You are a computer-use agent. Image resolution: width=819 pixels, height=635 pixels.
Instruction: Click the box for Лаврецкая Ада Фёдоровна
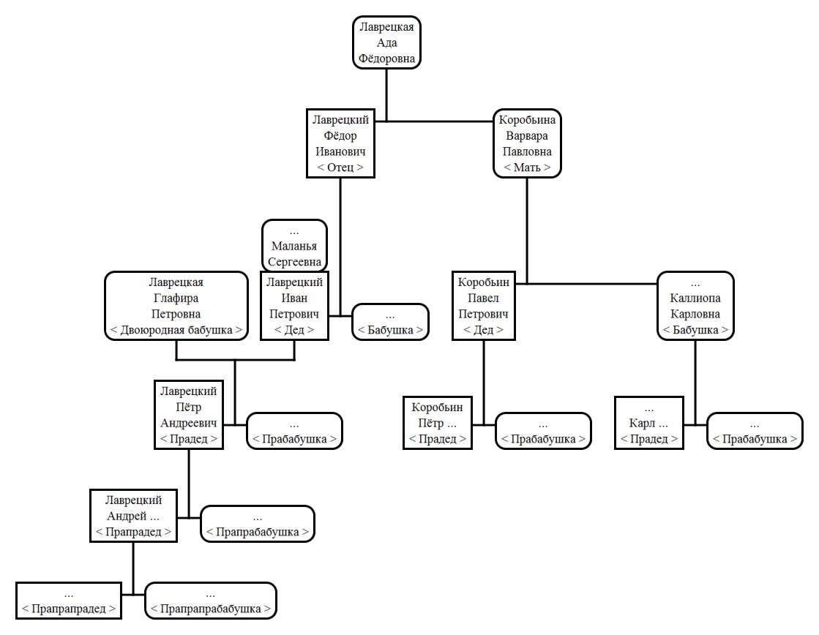pyautogui.click(x=386, y=42)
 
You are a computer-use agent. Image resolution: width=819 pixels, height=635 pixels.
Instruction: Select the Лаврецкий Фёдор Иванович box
pyautogui.click(x=340, y=143)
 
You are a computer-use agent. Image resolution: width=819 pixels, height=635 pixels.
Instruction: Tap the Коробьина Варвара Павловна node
pyautogui.click(x=527, y=143)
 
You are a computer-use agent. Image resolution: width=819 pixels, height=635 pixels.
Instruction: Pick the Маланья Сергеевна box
pyautogui.click(x=294, y=246)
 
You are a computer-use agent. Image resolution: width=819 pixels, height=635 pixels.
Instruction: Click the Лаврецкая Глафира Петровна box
pyautogui.click(x=176, y=306)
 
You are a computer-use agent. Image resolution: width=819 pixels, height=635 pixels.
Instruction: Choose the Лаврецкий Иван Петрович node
pyautogui.click(x=294, y=306)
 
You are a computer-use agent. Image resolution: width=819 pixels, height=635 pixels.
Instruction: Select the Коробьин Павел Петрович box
pyautogui.click(x=484, y=306)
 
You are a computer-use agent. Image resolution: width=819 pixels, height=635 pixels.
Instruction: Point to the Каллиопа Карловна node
pyautogui.click(x=695, y=306)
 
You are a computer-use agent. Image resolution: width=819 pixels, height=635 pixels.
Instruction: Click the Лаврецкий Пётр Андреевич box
pyautogui.click(x=189, y=415)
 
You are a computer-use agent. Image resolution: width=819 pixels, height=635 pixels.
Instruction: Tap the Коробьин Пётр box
pyautogui.click(x=438, y=423)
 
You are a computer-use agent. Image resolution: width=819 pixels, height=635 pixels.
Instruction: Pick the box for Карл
pyautogui.click(x=649, y=423)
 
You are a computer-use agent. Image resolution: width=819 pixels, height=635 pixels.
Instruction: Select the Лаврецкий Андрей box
pyautogui.click(x=134, y=516)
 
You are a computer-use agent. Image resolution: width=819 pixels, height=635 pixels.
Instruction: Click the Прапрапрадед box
pyautogui.click(x=68, y=601)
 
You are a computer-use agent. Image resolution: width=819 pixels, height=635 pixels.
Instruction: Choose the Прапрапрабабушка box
pyautogui.click(x=211, y=601)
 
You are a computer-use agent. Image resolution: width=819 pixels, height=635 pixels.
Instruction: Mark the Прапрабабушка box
pyautogui.click(x=258, y=525)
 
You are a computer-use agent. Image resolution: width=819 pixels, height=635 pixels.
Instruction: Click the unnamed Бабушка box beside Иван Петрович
pyautogui.click(x=390, y=322)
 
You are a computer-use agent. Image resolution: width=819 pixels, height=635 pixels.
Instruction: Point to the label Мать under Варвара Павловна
pyautogui.click(x=527, y=168)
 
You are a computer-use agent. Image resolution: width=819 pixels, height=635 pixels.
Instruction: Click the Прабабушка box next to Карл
pyautogui.click(x=755, y=431)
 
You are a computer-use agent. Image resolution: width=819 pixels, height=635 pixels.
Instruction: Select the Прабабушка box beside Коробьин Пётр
pyautogui.click(x=543, y=431)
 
